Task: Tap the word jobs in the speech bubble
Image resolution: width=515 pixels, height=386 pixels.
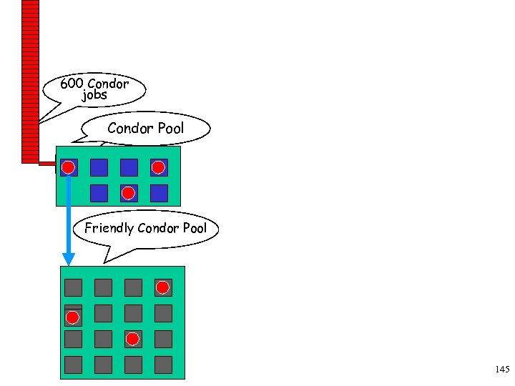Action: tap(94, 95)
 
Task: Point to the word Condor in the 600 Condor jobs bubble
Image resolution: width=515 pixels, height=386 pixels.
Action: tap(108, 84)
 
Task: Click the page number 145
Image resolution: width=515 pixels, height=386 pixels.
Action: tap(501, 370)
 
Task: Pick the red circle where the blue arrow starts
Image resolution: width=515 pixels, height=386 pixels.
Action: tap(68, 168)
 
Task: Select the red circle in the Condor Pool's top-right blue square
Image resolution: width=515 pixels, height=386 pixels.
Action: tap(159, 167)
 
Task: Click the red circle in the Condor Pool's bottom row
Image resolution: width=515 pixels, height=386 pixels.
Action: tap(128, 193)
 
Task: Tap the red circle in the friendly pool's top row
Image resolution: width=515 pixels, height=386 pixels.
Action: tap(163, 287)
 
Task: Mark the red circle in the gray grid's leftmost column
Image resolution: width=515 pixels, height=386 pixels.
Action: tap(73, 317)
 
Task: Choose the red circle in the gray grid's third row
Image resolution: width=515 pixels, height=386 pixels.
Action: tap(132, 338)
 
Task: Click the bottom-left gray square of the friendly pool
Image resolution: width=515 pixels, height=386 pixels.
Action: tap(73, 365)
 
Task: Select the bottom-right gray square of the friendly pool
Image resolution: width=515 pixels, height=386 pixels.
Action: tap(163, 365)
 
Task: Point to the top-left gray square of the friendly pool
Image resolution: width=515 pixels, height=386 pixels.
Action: tap(73, 287)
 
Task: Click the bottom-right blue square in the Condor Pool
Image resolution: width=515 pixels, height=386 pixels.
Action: tap(159, 193)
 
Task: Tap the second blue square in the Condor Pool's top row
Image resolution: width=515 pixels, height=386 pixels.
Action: tap(99, 167)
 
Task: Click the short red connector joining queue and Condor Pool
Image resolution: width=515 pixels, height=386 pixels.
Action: tap(47, 164)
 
